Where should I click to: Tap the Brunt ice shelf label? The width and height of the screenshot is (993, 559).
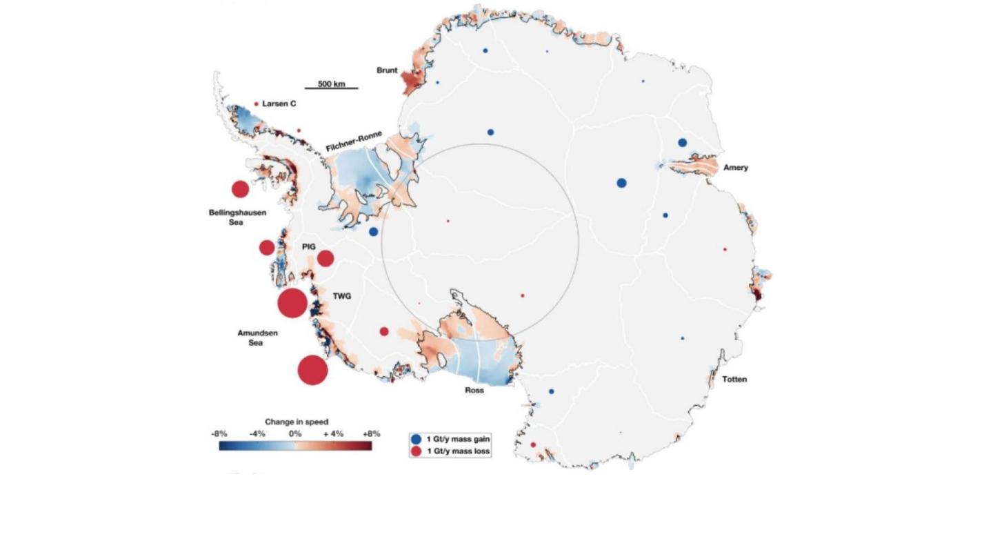click(x=388, y=70)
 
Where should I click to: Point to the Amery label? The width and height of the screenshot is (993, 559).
click(x=736, y=168)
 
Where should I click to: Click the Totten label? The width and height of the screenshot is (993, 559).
click(x=734, y=380)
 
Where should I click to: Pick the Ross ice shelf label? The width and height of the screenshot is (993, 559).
click(x=474, y=390)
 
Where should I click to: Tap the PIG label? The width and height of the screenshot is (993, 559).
click(x=308, y=246)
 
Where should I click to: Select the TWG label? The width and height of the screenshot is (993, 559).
click(x=342, y=296)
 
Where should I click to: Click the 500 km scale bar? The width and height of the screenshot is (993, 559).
click(x=332, y=86)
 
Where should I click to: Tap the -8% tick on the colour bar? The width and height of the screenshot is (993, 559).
click(x=219, y=433)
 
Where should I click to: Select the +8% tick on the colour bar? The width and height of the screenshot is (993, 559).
click(x=371, y=433)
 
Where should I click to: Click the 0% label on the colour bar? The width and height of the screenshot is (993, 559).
click(x=294, y=433)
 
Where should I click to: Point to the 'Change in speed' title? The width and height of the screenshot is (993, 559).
click(x=297, y=421)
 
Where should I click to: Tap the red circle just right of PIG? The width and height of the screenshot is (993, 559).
click(x=325, y=258)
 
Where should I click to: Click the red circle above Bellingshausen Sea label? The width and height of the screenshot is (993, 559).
click(x=240, y=189)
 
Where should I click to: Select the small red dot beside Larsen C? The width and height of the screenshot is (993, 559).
click(x=257, y=104)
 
